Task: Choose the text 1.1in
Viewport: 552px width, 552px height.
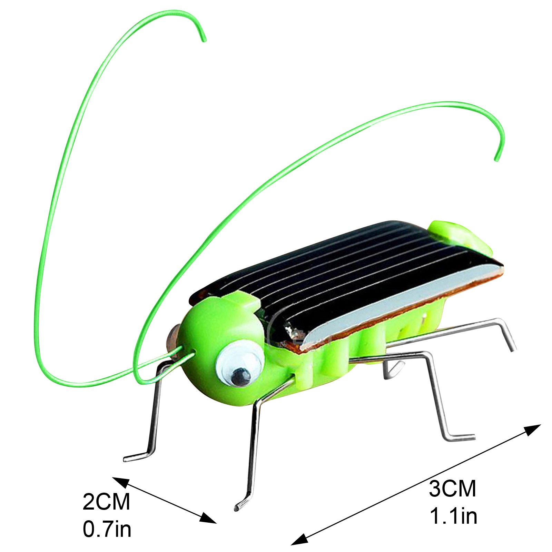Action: pos(453,516)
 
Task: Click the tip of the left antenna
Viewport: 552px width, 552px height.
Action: pos(204,40)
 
